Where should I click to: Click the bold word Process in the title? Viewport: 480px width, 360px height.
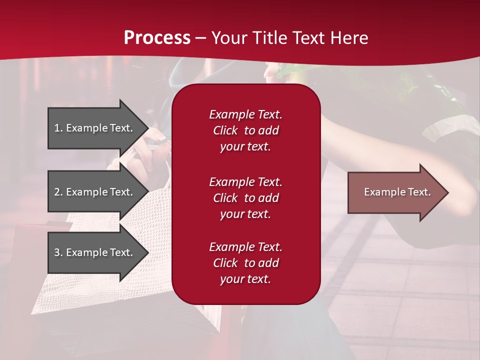[157, 38]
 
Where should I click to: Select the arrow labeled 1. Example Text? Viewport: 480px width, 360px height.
[95, 128]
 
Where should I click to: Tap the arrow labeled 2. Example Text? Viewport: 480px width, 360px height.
[95, 192]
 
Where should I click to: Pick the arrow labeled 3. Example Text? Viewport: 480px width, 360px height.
[95, 252]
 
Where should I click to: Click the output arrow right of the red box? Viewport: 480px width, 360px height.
[395, 192]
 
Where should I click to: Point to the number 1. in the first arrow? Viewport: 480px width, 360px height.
[58, 128]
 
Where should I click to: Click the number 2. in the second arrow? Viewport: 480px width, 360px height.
[58, 192]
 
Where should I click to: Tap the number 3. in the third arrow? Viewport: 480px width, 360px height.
[58, 252]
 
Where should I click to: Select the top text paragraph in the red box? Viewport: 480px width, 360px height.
[245, 130]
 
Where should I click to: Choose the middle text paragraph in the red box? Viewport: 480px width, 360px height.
[245, 198]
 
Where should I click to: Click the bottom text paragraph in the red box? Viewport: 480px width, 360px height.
[245, 263]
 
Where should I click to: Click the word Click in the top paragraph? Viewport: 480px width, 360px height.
[225, 130]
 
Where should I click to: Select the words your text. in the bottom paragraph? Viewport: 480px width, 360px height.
[245, 279]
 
